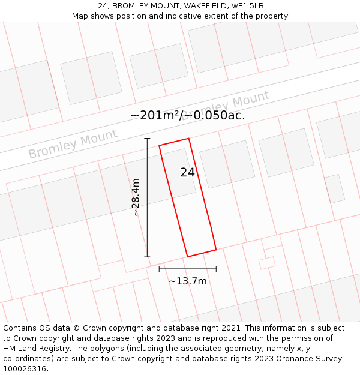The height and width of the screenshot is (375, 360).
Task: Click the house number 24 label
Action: coord(187,172)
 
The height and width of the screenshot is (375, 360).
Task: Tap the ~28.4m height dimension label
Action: coord(136,197)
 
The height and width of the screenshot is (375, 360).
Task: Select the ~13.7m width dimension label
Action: coord(187,281)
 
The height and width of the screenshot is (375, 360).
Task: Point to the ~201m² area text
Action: coord(154,115)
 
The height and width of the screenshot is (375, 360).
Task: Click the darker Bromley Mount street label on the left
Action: coord(73,144)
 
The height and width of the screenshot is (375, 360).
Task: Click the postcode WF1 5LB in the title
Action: coord(247,6)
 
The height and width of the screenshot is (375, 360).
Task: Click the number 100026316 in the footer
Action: coord(24,368)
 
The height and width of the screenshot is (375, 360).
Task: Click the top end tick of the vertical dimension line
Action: coord(147,138)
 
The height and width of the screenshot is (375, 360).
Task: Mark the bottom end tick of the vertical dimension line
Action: coord(147,257)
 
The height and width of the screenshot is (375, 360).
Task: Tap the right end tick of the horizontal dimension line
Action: coord(216,269)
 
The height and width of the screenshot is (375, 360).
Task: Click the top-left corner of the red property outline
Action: coord(159,145)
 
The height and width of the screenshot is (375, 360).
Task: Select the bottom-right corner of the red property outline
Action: coord(216,249)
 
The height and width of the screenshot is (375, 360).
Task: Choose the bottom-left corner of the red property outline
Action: coord(187,257)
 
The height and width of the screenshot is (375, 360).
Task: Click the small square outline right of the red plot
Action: coord(267,263)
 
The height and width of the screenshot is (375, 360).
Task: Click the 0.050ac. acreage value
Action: coord(217,115)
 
